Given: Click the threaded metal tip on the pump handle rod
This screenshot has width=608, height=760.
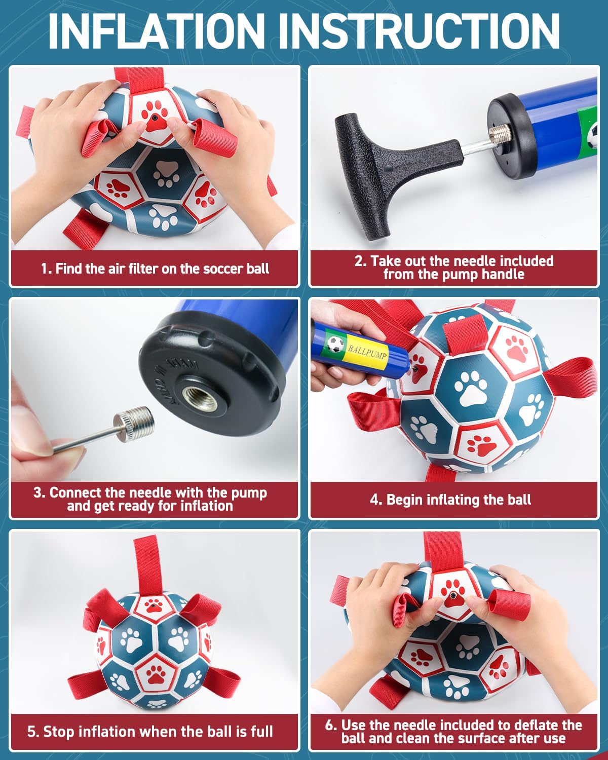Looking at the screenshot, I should click(x=499, y=136).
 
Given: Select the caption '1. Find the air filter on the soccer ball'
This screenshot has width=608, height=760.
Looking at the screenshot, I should click(x=155, y=269).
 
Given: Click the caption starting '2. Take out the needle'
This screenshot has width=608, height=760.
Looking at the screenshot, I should click(x=454, y=268).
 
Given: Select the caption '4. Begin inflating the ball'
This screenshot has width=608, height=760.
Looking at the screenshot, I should click(x=450, y=500).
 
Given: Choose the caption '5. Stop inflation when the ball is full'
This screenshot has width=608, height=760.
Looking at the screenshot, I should click(x=150, y=731).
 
